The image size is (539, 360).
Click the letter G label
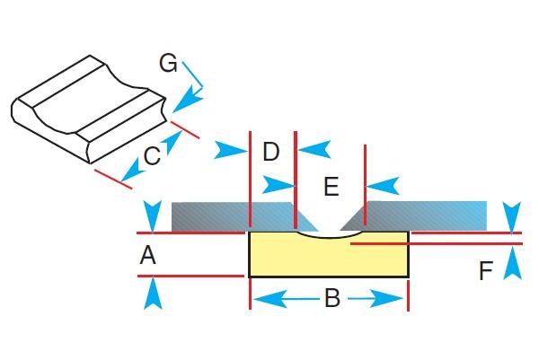pos(168,63)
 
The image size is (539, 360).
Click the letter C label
pos(152,155)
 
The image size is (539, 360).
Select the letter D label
pos(271,152)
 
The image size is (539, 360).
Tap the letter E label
pos(331,187)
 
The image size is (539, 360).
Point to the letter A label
pos(148,256)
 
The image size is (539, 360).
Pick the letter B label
pos(331,299)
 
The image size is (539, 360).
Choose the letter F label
pos(486,270)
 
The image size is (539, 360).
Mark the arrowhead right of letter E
pos(382,187)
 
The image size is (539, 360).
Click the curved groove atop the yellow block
pos(330,236)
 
